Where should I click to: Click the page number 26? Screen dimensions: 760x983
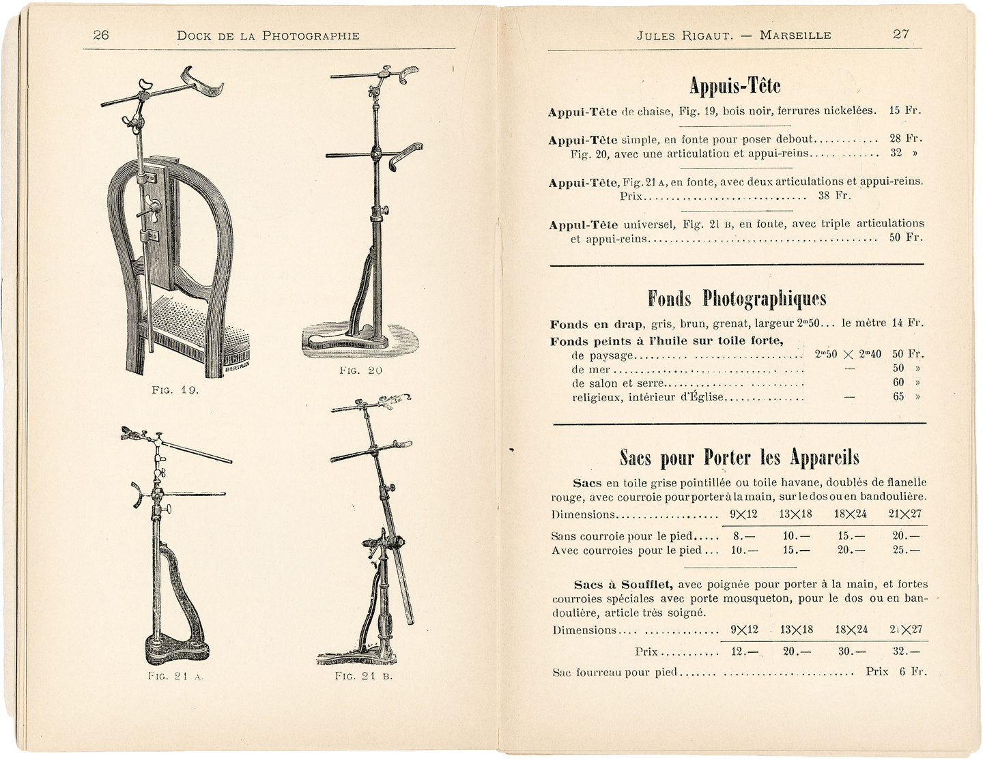point(101,35)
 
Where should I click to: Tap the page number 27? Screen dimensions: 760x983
point(900,34)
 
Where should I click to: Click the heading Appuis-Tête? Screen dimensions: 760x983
point(735,86)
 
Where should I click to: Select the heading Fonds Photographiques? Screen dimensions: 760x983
point(737,298)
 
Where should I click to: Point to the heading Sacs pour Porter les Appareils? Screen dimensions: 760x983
point(739,457)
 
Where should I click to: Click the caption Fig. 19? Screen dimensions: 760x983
point(175,390)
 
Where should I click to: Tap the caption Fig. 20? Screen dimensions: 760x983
point(360,370)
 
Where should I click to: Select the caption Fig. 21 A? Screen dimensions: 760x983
point(175,676)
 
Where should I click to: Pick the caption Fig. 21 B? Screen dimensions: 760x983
point(363,676)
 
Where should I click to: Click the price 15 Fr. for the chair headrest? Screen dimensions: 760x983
point(905,111)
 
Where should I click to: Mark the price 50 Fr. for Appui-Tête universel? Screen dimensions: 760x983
point(905,237)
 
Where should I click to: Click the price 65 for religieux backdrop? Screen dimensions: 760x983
point(898,396)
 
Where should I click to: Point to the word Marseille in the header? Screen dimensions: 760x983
point(795,35)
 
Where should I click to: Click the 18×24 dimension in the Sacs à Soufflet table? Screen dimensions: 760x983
point(851,630)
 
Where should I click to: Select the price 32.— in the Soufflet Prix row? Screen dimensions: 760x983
point(906,652)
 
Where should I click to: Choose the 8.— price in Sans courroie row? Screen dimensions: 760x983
point(743,536)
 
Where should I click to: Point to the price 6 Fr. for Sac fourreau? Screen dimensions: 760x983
point(913,671)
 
